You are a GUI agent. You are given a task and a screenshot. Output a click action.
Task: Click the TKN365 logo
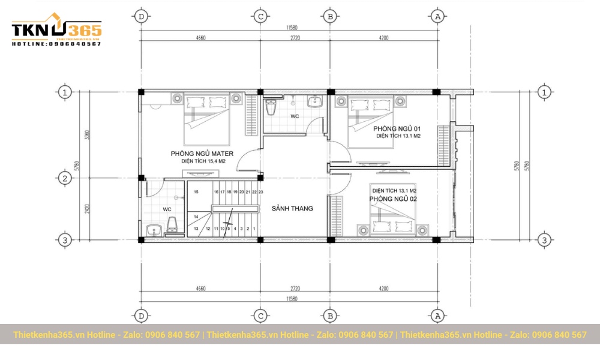pos(56,30)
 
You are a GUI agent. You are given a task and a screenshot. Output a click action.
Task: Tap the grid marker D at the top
pos(142,16)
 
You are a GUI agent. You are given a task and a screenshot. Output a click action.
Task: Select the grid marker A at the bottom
pos(437,316)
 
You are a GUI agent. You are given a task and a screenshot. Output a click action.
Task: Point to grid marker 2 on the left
pos(65,178)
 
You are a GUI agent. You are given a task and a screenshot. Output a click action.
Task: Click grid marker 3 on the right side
pos(544,240)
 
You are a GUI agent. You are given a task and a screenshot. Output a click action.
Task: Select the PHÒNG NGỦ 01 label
pos(397,129)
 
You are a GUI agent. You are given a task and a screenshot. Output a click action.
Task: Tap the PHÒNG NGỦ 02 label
pos(393,199)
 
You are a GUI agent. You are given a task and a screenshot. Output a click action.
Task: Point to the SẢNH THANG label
pos(292,209)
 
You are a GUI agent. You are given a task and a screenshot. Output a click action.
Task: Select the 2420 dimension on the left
pos(88,209)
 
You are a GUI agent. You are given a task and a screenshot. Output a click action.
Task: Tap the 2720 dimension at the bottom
pos(295,289)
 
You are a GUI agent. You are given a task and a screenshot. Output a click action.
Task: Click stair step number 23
pos(261,192)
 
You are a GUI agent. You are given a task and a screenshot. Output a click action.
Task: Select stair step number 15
pos(196,192)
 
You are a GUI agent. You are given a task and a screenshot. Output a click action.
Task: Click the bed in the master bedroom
pos(207,120)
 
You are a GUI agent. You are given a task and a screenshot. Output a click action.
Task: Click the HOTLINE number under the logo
pos(56,44)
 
